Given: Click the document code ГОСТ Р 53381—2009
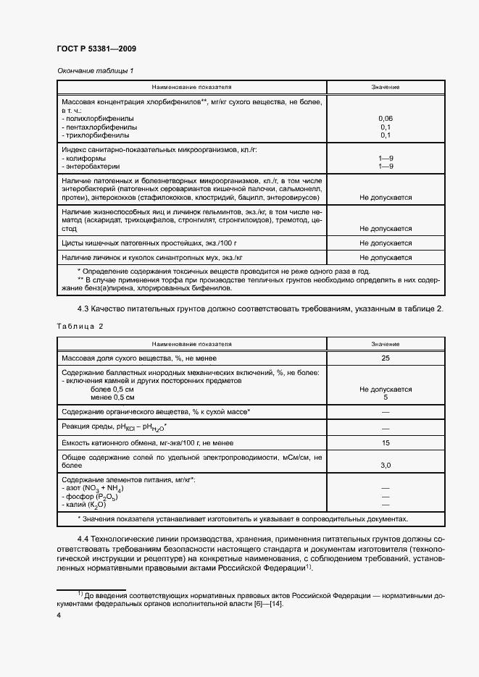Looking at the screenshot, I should pos(96,49).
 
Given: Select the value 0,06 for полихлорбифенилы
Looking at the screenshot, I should pos(385,118).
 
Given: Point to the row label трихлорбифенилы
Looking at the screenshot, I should pos(93,135).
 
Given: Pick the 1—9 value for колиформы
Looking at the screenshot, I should pos(385,158).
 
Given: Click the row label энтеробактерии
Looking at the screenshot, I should pos(91,166).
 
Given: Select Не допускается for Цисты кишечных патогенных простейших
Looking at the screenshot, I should pos(385,243).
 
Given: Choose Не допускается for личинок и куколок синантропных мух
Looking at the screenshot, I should pos(385,258).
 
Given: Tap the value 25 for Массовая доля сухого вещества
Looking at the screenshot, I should pos(385,358).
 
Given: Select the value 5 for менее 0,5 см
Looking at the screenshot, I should pos(385,397).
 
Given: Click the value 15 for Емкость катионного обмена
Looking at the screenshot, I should pos(385,442).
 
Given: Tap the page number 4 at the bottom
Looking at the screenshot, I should pos(59,615).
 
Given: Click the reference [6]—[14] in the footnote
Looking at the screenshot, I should pos(265,604).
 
